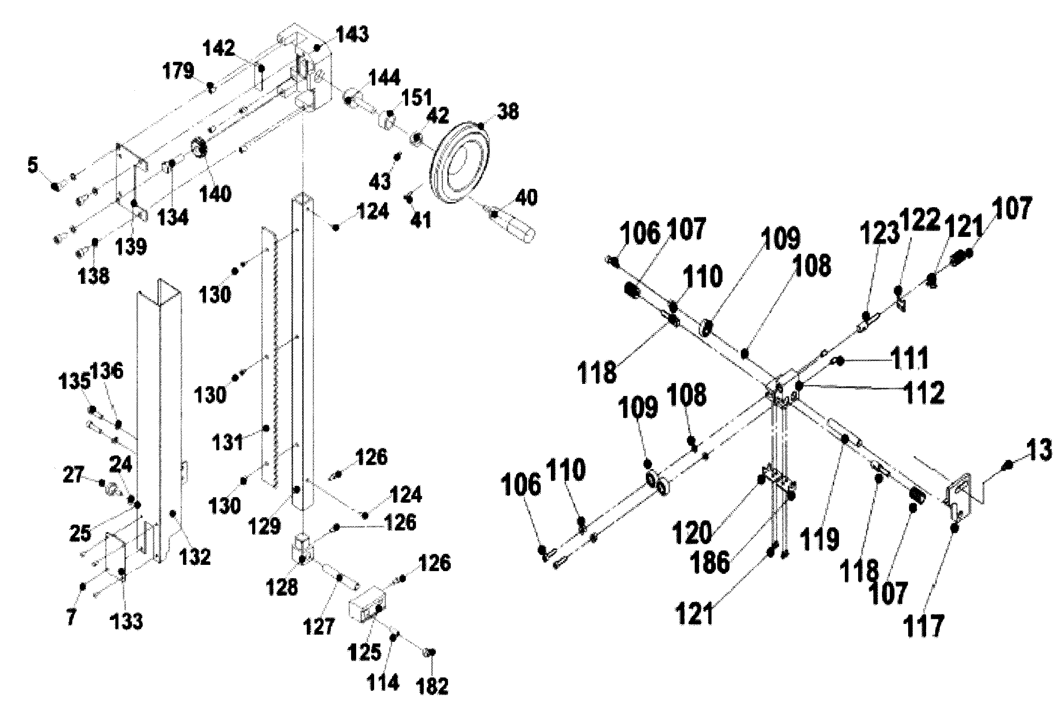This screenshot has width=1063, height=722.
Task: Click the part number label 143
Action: point(352,34)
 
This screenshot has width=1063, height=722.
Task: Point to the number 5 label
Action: point(32,165)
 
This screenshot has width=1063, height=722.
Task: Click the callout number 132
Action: point(195,557)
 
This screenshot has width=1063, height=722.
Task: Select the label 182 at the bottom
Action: point(432,686)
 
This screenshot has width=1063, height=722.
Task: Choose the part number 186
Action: point(710,562)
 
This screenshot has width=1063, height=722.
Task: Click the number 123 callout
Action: point(879,233)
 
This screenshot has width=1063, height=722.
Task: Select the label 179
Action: point(178,71)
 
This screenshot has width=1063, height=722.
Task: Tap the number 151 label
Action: point(416,97)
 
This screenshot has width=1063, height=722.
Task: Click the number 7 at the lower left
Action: point(71,617)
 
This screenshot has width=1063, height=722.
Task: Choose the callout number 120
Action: point(692,533)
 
